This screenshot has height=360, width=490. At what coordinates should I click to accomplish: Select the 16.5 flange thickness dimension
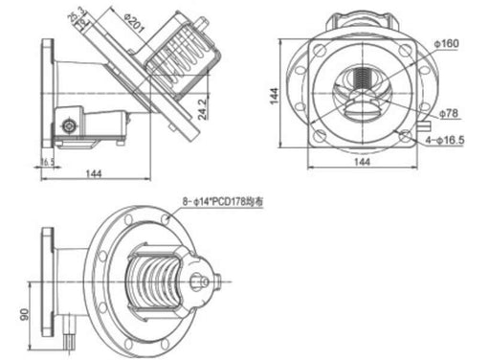pyautogui.click(x=47, y=164)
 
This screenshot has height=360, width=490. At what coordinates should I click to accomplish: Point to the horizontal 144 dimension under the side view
pyautogui.click(x=95, y=173)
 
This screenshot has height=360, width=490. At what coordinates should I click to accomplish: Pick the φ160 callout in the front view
pyautogui.click(x=446, y=43)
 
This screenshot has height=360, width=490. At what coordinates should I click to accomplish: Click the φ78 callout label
pyautogui.click(x=449, y=113)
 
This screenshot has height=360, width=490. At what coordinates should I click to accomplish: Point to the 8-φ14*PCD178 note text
pyautogui.click(x=222, y=202)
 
